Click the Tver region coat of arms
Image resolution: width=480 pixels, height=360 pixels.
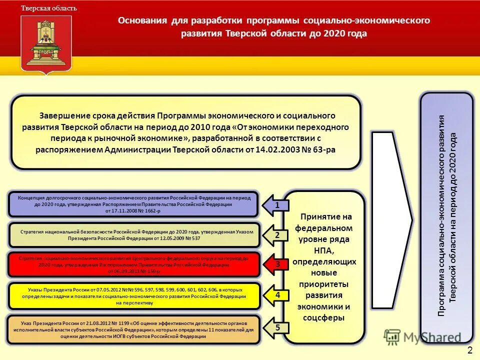click(46, 44)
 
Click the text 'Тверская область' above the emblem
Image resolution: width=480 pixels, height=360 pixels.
click(49, 8)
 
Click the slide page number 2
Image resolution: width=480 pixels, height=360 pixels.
click(469, 348)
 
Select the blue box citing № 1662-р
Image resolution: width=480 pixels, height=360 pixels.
click(133, 204)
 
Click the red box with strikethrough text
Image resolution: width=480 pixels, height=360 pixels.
click(134, 264)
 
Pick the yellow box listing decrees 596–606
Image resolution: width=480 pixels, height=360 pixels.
click(134, 296)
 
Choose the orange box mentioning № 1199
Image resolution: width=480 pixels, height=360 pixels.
click(134, 329)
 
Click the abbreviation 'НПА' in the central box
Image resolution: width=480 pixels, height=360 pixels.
click(324, 249)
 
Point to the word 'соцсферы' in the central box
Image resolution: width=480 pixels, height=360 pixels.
click(324, 317)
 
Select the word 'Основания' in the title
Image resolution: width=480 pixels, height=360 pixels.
click(142, 20)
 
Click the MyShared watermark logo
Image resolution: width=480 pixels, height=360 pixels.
click(422, 337)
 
